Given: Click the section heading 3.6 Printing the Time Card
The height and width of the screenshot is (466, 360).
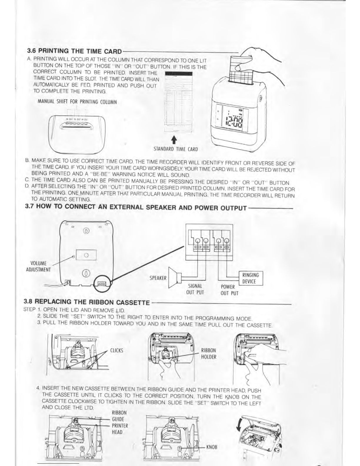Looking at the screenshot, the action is [74, 51].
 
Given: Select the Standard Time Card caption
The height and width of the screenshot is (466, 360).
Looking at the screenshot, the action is [176, 149].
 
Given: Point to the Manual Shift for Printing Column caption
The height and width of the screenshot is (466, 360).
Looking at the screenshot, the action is [77, 102].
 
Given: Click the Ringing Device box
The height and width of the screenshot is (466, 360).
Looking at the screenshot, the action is [251, 278].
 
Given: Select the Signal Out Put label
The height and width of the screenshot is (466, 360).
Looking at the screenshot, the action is [195, 289].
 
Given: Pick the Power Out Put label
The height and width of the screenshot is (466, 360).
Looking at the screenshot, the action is [229, 290].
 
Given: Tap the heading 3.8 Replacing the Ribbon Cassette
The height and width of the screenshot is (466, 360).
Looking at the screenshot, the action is [87, 302].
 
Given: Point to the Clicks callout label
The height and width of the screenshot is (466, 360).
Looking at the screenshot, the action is [116, 350].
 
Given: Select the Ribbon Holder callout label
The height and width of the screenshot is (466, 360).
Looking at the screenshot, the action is [209, 354].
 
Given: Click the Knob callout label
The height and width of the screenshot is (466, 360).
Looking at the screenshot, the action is [212, 447].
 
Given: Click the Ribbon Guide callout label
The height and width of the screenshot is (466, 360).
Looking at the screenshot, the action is [119, 416].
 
